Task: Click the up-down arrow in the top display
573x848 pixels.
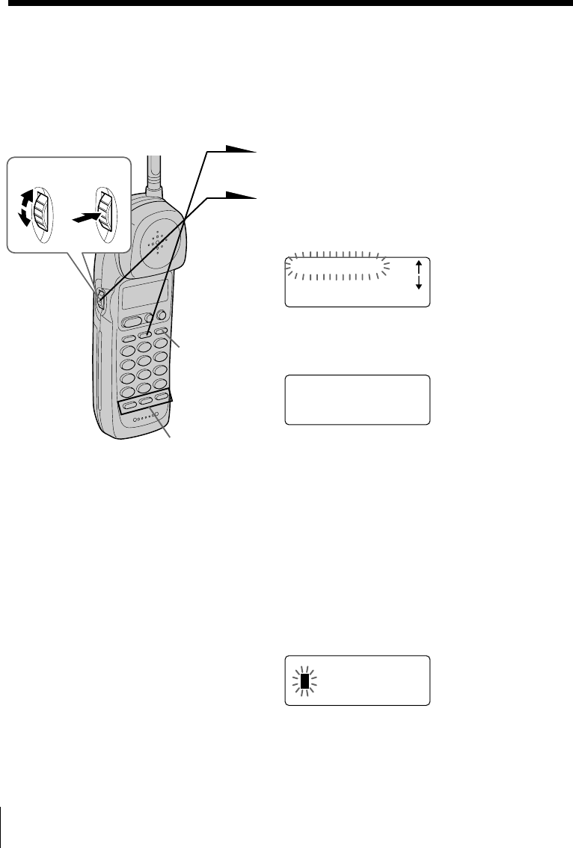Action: pyautogui.click(x=418, y=274)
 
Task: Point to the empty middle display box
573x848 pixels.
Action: pyautogui.click(x=357, y=400)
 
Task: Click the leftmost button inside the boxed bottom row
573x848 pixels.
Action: pyautogui.click(x=129, y=407)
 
